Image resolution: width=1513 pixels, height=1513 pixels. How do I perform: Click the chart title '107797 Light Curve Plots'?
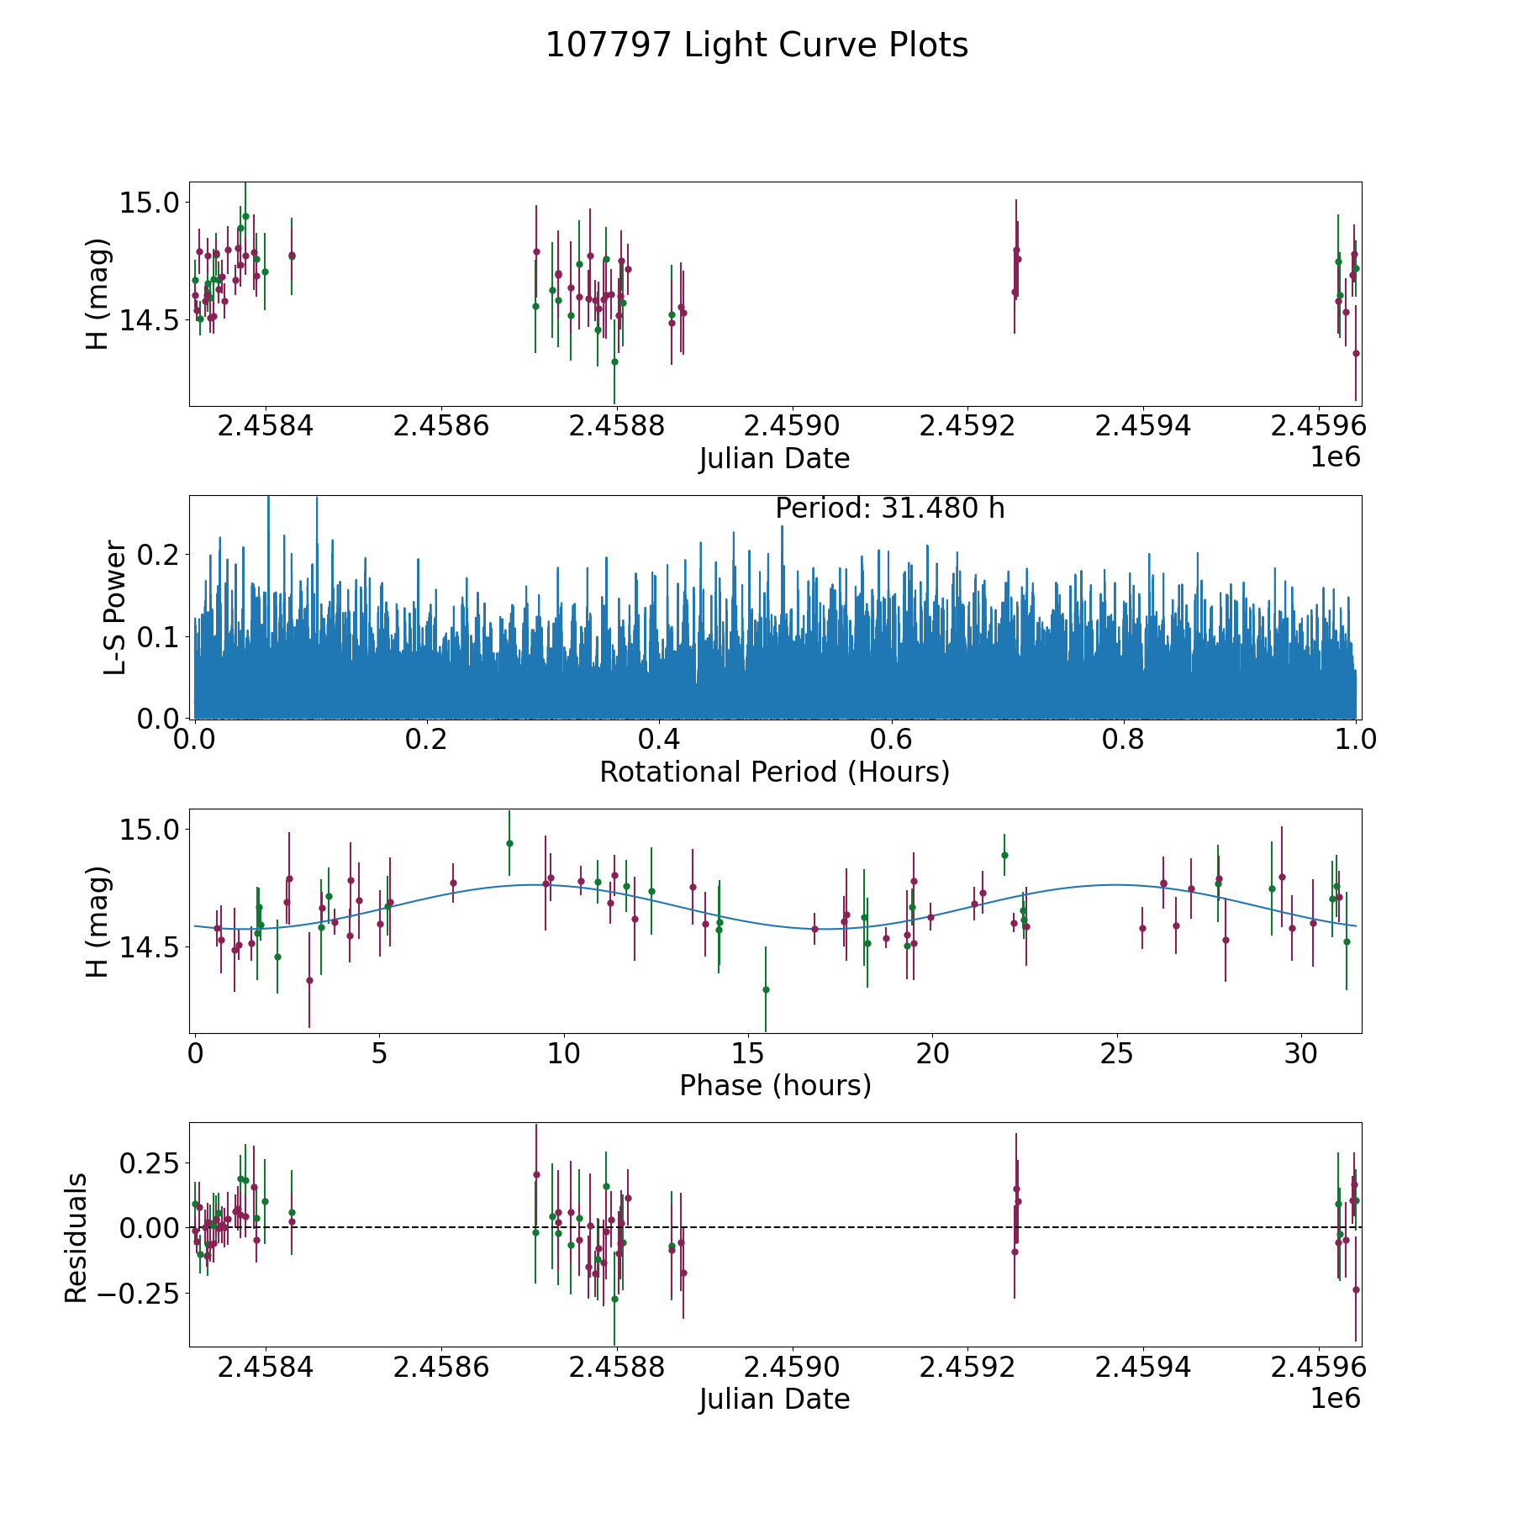[x=756, y=45]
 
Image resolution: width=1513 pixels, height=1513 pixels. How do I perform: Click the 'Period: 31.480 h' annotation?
[x=889, y=509]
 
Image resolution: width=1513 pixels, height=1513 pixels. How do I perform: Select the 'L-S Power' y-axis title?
[x=115, y=608]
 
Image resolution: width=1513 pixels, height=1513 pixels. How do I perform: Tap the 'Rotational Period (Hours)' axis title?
[x=774, y=772]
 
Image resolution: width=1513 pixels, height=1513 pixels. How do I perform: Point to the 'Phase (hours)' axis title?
[x=775, y=1085]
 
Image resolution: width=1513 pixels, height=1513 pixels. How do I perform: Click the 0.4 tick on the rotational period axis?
[x=659, y=740]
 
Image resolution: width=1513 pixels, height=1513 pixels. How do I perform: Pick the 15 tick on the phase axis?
[x=747, y=1053]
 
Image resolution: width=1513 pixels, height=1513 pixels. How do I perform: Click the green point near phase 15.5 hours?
[x=766, y=989]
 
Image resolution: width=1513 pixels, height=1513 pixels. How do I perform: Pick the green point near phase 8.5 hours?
[x=509, y=843]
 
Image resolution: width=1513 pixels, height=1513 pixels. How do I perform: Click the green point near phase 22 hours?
[x=1004, y=855]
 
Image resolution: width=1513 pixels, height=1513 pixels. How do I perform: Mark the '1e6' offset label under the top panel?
[x=1335, y=458]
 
